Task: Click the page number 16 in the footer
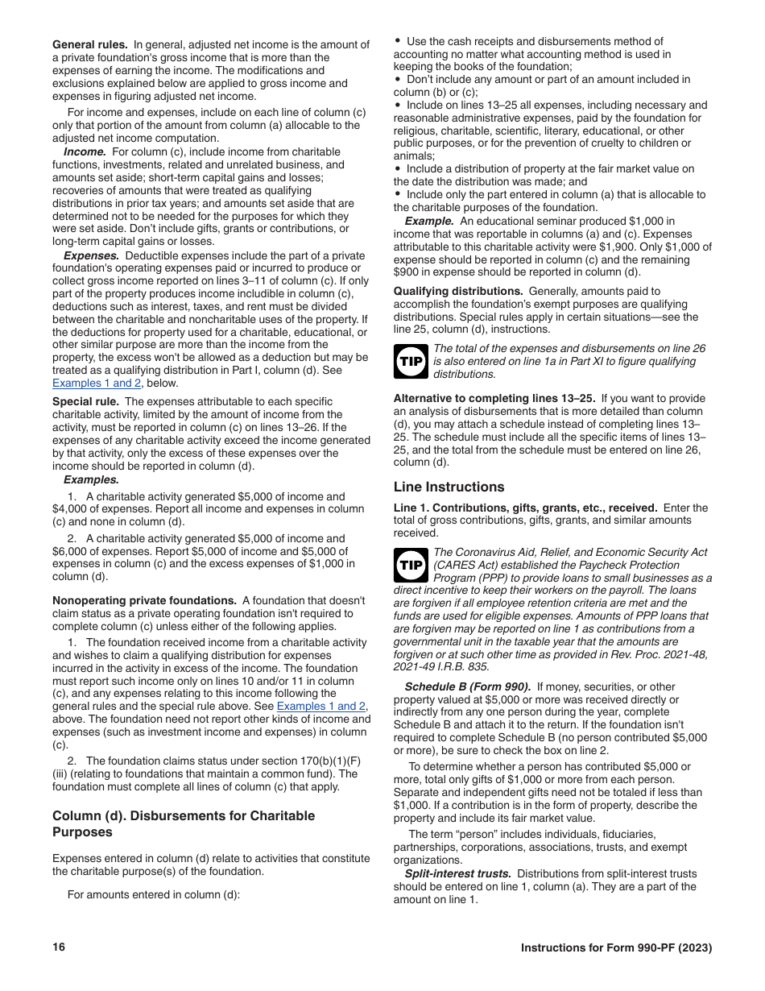click(x=58, y=947)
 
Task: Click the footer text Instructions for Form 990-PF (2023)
click(x=616, y=947)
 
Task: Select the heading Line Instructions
click(x=449, y=487)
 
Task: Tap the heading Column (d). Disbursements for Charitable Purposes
click(x=183, y=823)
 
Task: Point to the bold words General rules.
click(x=89, y=45)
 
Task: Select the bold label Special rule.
click(x=85, y=401)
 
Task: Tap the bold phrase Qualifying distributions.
click(x=457, y=292)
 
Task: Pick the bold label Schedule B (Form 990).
click(x=467, y=686)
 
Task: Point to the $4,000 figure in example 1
click(x=72, y=509)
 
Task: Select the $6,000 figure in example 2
click(x=72, y=551)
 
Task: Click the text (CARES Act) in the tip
click(x=465, y=565)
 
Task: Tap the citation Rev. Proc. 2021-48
click(x=651, y=654)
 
